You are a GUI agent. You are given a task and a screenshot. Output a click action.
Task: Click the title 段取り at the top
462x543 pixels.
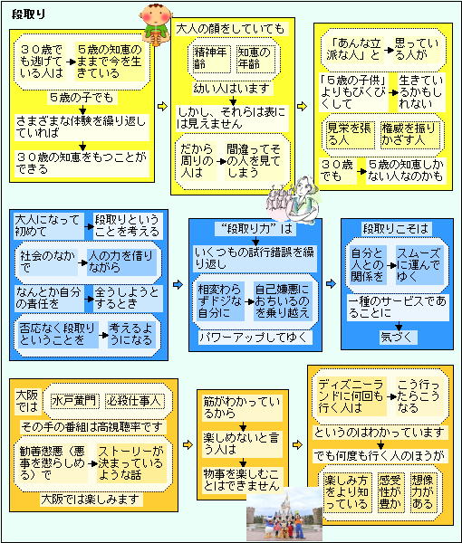tap(28, 14)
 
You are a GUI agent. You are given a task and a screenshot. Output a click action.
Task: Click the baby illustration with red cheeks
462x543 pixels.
tap(156, 24)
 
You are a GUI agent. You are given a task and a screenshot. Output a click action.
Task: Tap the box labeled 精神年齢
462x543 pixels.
tap(211, 58)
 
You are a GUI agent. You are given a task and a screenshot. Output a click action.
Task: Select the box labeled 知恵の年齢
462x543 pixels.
tap(255, 58)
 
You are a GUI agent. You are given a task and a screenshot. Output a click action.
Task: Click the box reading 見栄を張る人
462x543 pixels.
tap(350, 134)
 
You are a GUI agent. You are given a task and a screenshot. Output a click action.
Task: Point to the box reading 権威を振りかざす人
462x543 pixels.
tap(409, 134)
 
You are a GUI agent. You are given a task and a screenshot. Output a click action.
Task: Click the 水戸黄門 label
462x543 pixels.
tap(74, 401)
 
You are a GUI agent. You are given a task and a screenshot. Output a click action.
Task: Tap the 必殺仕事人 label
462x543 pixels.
tap(134, 401)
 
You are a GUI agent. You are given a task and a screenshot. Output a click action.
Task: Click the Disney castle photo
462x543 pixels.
tap(284, 513)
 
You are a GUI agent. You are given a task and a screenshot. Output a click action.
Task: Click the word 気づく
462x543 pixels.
tap(398, 337)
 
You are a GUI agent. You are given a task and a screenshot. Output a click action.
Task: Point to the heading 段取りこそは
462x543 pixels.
tap(396, 229)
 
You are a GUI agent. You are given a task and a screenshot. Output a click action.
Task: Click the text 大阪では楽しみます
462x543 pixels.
tap(91, 499)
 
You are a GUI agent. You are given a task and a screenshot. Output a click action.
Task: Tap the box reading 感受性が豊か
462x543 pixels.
tap(390, 491)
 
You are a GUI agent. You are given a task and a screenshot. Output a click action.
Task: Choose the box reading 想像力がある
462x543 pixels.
tap(423, 491)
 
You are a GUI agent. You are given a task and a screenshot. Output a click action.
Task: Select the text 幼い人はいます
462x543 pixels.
tap(232, 89)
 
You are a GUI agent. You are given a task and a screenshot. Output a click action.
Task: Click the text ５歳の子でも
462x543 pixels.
tap(82, 98)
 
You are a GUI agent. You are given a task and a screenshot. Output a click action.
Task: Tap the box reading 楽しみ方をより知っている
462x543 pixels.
tap(347, 491)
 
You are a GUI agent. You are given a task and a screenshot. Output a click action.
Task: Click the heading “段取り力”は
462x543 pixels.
tap(255, 229)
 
